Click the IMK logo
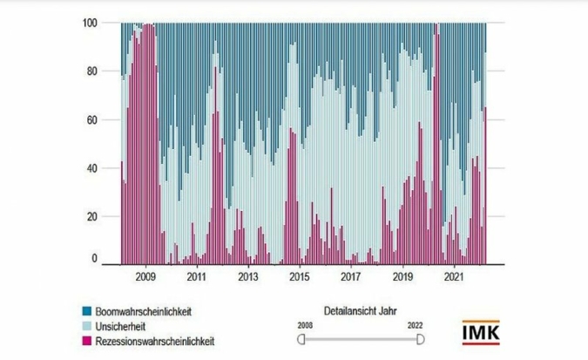[x=482, y=333]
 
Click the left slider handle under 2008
[x=301, y=338]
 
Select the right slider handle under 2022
[x=418, y=338]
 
